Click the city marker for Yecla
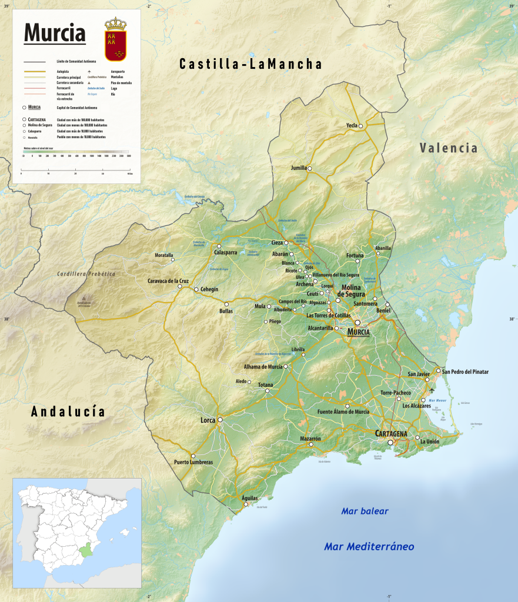point(361,126)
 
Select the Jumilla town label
point(299,168)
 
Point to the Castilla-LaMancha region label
point(250,64)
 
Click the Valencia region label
point(449,148)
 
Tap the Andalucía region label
point(68,412)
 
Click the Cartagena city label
point(391,434)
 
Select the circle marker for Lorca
point(220,420)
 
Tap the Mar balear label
point(365,511)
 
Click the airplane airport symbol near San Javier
point(432,390)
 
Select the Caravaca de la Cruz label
point(168,281)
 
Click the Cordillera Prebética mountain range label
point(86,274)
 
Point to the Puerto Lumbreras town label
point(193,463)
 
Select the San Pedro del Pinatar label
point(465,372)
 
